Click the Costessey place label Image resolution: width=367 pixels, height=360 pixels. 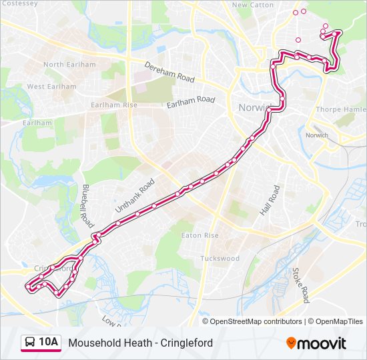click(x=19, y=3)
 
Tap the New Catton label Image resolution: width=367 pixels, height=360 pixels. click(x=252, y=5)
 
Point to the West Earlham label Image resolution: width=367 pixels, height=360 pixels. click(x=51, y=87)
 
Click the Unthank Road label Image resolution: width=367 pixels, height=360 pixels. click(x=135, y=195)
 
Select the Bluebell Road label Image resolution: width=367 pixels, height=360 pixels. click(x=85, y=203)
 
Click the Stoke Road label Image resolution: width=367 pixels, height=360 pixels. click(x=300, y=285)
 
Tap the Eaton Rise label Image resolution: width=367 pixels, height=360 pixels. click(x=200, y=236)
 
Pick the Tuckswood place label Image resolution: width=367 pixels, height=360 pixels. click(x=220, y=259)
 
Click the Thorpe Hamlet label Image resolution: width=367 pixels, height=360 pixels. click(x=341, y=109)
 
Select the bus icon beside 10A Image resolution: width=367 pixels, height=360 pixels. click(x=30, y=343)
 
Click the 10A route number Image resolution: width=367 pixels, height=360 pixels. click(x=49, y=343)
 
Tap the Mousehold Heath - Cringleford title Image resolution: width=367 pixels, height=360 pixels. click(x=140, y=343)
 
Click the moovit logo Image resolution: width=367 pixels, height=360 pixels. click(x=316, y=343)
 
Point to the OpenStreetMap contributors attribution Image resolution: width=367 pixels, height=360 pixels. click(x=256, y=321)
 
